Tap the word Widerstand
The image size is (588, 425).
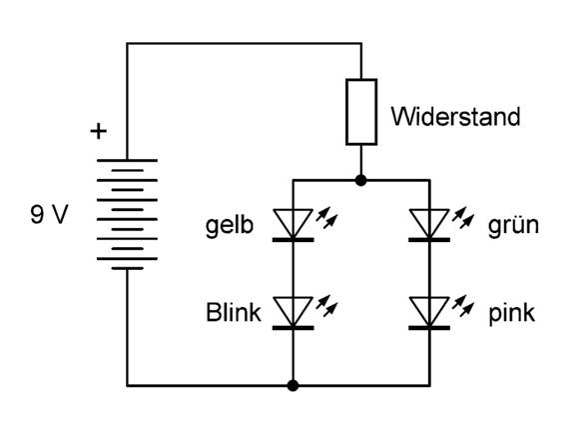click(455, 117)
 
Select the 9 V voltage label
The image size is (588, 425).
click(49, 215)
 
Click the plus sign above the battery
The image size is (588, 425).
click(99, 132)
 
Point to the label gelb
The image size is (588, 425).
click(230, 226)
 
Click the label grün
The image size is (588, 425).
click(513, 225)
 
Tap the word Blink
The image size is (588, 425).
click(234, 312)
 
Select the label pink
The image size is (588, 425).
click(511, 313)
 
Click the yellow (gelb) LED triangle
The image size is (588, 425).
click(293, 224)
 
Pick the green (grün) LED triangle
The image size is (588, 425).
click(429, 224)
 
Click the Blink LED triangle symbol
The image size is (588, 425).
click(293, 313)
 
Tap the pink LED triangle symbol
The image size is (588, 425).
click(429, 313)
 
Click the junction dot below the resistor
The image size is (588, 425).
click(360, 180)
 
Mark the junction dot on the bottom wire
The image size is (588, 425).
click(293, 385)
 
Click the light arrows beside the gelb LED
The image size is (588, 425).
click(327, 218)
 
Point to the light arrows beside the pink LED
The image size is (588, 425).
click(463, 306)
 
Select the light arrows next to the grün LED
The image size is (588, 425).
click(463, 218)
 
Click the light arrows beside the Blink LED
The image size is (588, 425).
click(327, 306)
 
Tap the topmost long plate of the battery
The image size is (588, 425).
click(127, 160)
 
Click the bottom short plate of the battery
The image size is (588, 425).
click(127, 268)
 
